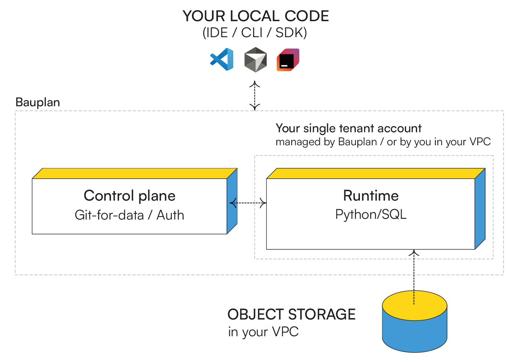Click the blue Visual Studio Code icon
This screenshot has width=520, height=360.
(222, 59)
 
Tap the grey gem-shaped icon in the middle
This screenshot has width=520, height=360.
(256, 59)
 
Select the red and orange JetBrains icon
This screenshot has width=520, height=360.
(288, 59)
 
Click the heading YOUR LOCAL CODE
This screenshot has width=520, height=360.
(256, 16)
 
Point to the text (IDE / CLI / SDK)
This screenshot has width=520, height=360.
(255, 33)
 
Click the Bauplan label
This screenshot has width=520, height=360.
(38, 102)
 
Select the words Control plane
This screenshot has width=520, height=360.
(130, 196)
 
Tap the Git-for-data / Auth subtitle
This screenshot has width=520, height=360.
(130, 215)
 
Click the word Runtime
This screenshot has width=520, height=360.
(371, 196)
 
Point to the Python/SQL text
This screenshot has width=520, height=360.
(371, 214)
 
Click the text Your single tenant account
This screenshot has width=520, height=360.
(348, 129)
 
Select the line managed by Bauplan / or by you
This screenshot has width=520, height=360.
(383, 142)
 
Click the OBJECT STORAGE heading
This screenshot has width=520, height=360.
(292, 314)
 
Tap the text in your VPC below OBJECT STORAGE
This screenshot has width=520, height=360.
(263, 332)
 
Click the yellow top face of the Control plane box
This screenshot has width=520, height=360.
(134, 173)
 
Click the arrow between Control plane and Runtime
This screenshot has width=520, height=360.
(247, 203)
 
